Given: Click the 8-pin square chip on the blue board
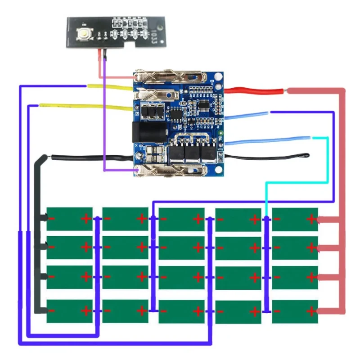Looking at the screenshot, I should [173, 115].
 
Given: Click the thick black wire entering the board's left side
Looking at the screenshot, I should [90, 157].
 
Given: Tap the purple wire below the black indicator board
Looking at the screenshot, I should [104, 112].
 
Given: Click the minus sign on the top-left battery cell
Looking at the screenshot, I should [52, 219].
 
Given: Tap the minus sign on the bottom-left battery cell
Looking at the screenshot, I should [52, 311].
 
